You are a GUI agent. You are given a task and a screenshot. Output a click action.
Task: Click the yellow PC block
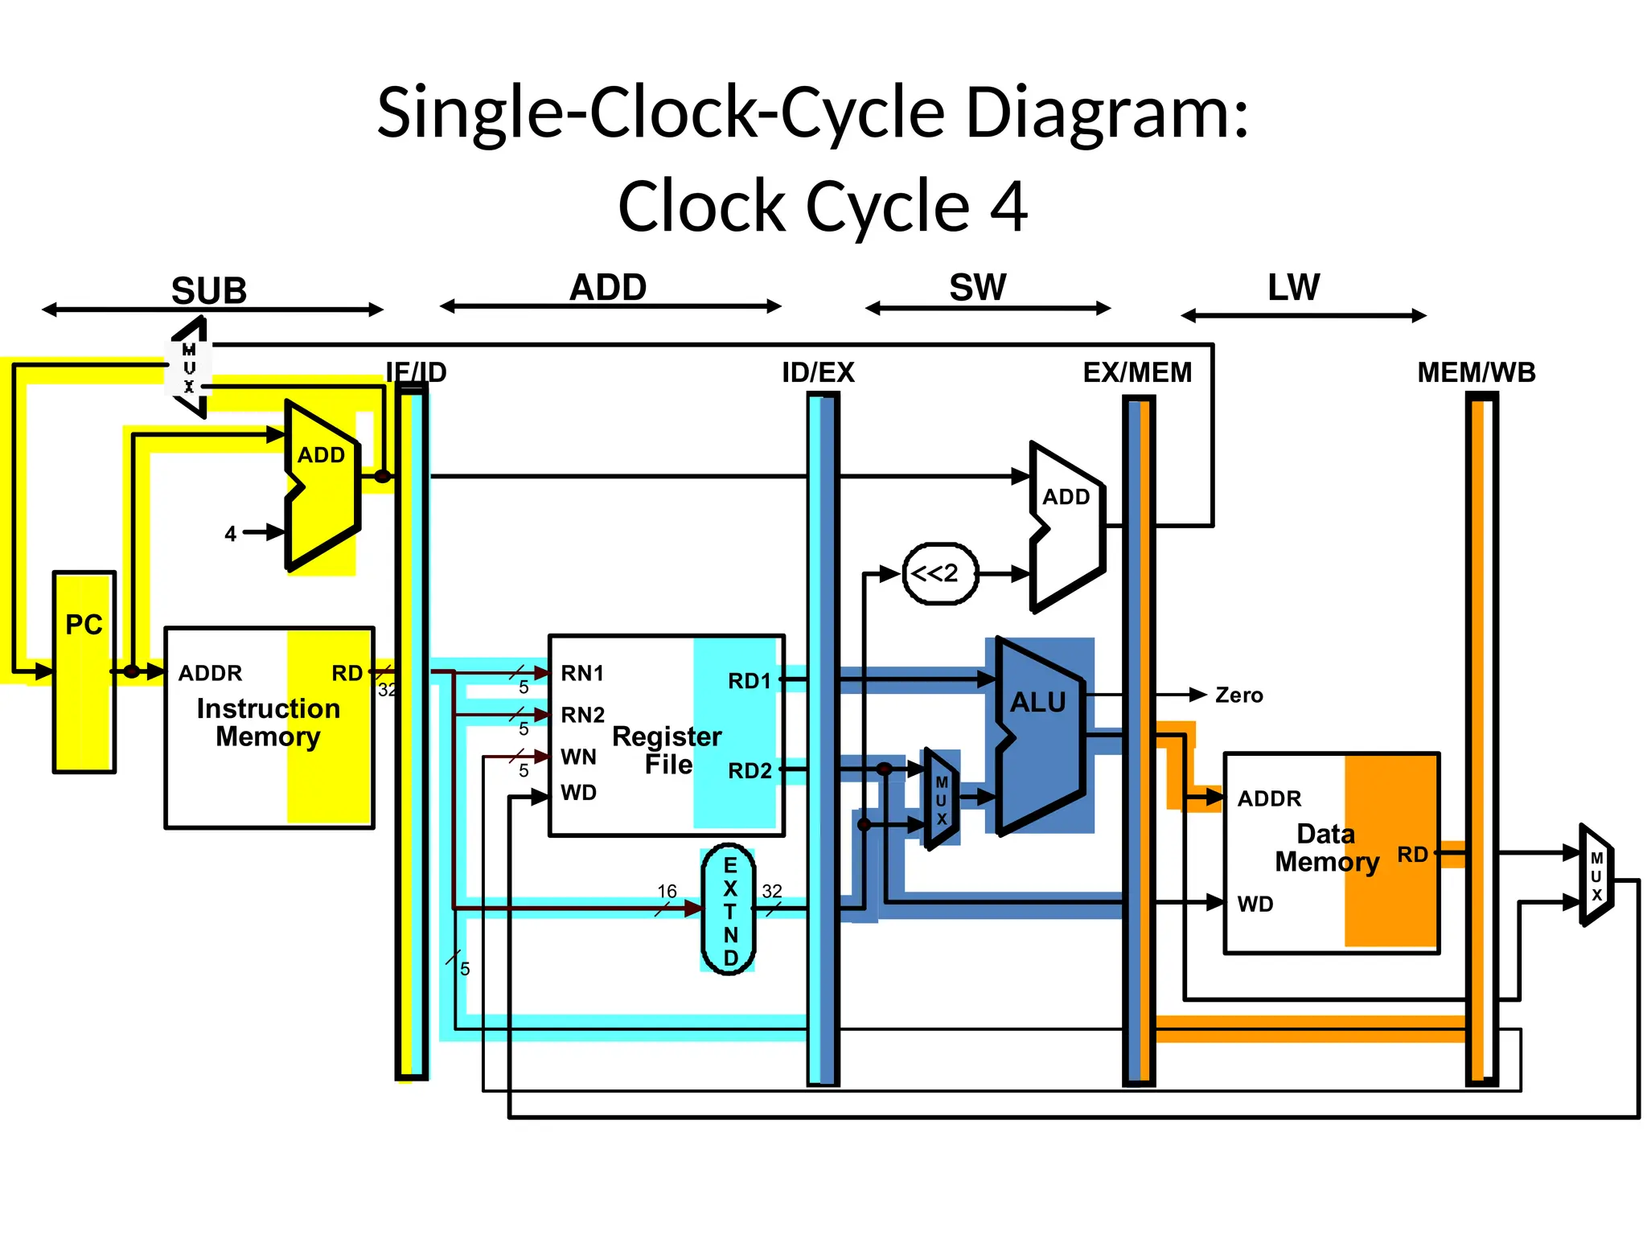pyautogui.click(x=84, y=671)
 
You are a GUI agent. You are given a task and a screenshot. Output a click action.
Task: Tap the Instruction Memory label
pyautogui.click(x=268, y=722)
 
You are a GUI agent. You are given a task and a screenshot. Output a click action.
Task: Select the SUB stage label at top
pyautogui.click(x=208, y=290)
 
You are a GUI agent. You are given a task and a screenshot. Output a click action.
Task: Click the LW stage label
pyautogui.click(x=1293, y=287)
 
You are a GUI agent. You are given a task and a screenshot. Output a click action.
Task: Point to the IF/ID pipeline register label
pyautogui.click(x=416, y=372)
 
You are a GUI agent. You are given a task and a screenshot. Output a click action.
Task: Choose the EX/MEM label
pyautogui.click(x=1137, y=372)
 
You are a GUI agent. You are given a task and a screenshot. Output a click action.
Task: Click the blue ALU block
pyautogui.click(x=1039, y=736)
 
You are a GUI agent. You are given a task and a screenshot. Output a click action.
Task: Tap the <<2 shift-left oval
pyautogui.click(x=939, y=573)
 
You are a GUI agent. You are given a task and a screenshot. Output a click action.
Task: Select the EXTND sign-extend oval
pyautogui.click(x=729, y=910)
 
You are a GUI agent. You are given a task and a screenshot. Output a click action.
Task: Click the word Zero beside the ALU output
pyautogui.click(x=1238, y=695)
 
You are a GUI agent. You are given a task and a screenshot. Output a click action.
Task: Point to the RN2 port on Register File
pyautogui.click(x=582, y=715)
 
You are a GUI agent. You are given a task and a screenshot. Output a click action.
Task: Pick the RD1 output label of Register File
pyautogui.click(x=749, y=681)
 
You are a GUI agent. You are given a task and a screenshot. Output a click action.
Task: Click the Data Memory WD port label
pyautogui.click(x=1255, y=904)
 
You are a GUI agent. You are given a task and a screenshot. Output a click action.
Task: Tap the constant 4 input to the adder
pyautogui.click(x=231, y=534)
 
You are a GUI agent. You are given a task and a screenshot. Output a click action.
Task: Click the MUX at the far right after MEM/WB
pyautogui.click(x=1596, y=876)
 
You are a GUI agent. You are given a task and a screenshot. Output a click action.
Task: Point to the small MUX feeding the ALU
pyautogui.click(x=941, y=800)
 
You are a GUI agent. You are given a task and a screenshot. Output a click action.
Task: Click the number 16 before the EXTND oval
pyautogui.click(x=667, y=891)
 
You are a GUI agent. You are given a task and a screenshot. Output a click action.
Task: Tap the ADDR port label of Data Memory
pyautogui.click(x=1268, y=798)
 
